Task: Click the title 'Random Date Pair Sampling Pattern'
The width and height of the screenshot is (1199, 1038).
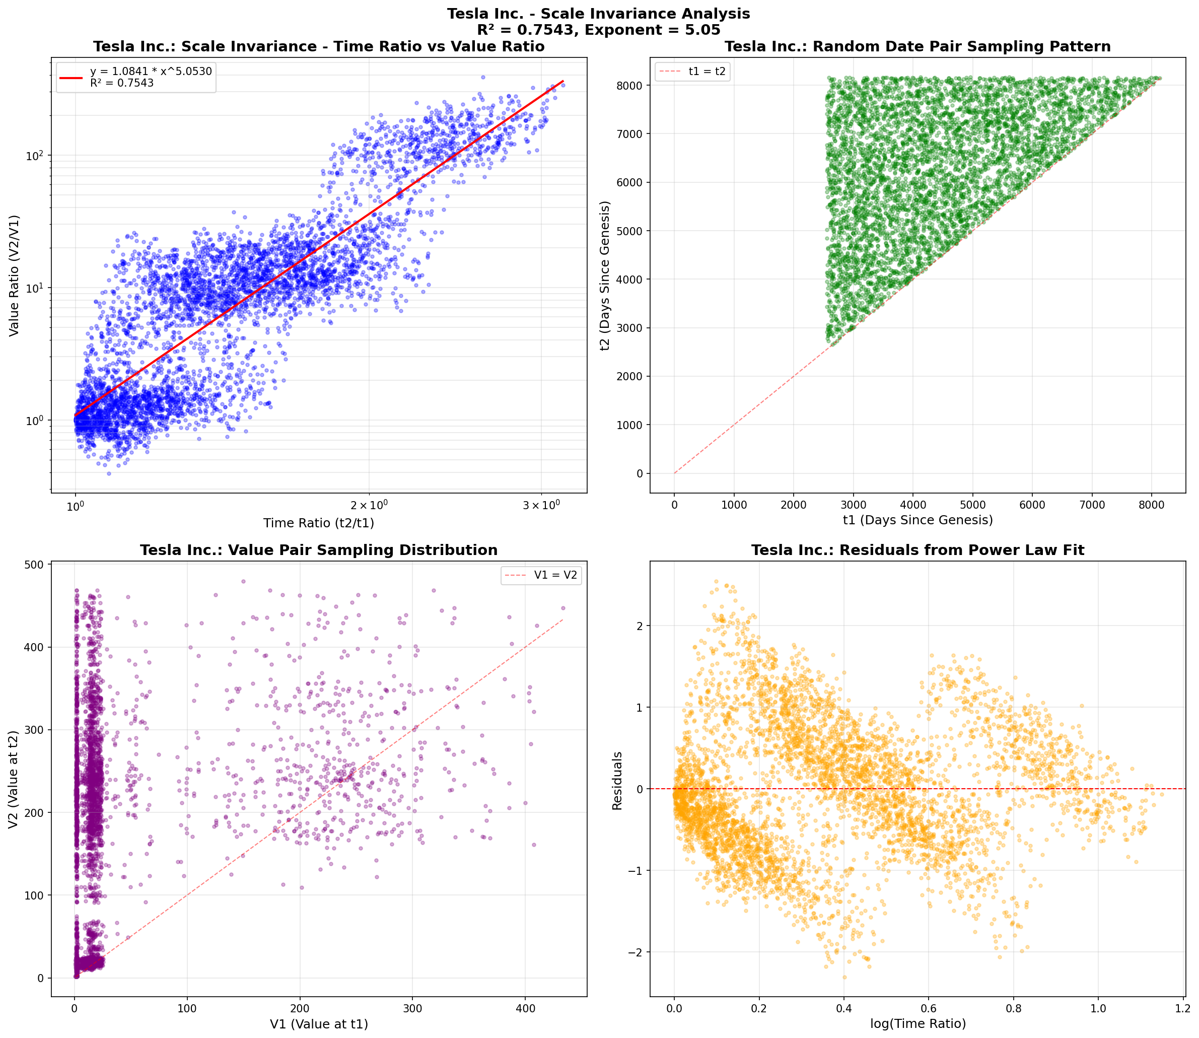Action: [918, 47]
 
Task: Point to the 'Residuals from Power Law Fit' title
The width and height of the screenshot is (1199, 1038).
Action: [918, 550]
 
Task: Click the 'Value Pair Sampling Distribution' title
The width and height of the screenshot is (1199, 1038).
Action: [319, 550]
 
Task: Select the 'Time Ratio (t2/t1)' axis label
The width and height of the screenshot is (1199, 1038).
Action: [319, 524]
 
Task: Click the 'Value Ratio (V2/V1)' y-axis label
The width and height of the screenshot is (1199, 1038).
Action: [15, 275]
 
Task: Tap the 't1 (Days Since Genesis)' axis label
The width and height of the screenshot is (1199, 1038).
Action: [918, 520]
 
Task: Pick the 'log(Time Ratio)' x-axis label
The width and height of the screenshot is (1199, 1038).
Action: [918, 1023]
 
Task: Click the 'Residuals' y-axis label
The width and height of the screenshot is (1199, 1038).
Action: [617, 780]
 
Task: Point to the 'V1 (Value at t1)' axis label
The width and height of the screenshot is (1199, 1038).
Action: [319, 1023]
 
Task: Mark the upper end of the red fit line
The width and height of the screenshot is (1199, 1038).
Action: [563, 82]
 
